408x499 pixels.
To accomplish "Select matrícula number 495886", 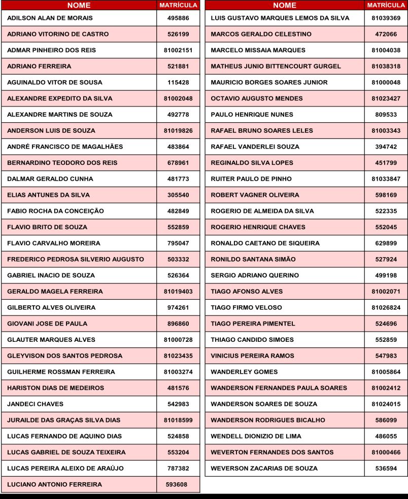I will click(178, 18).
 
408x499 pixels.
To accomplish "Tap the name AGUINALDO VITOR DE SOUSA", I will click(54, 82).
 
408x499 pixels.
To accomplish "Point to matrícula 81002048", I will click(178, 98).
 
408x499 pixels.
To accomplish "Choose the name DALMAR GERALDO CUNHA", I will click(50, 179).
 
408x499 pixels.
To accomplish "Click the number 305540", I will click(178, 195).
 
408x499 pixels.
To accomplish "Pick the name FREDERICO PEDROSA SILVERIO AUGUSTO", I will click(76, 259).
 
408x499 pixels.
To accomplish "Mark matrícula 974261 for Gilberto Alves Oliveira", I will click(178, 307).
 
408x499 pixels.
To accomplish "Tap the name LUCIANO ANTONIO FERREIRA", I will click(54, 484).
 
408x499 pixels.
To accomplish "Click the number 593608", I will click(177, 484).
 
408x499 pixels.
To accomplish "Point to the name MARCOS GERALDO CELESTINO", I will click(261, 34).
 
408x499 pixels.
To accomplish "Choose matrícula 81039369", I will click(386, 18).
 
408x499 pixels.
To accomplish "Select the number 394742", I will click(386, 147).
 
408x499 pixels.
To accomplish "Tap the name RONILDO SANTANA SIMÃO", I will click(253, 259).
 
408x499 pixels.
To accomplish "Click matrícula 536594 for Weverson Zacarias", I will click(386, 468).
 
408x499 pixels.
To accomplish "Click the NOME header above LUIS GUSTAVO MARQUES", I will click(285, 5).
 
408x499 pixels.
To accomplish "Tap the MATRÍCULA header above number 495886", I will click(178, 5).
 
